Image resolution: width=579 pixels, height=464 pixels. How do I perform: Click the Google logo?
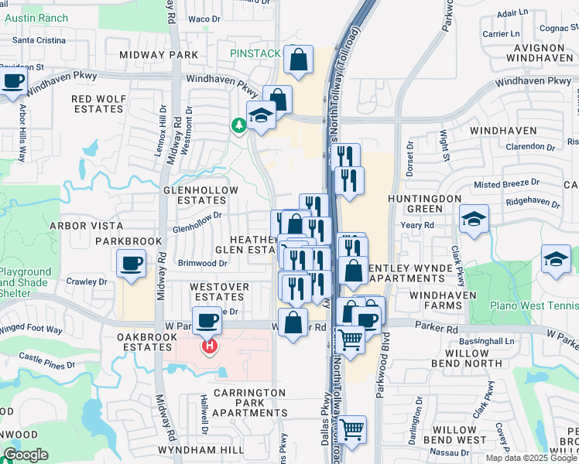26,455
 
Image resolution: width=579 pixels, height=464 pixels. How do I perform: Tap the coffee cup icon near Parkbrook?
130,263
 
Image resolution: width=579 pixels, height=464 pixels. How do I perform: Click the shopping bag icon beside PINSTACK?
298,60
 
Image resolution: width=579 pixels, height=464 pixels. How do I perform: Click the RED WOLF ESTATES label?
98,104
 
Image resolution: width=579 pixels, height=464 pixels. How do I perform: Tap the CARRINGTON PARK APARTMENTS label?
249,403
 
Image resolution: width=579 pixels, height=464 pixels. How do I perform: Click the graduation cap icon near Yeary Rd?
474,220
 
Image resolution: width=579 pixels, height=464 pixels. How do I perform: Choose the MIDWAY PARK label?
159,55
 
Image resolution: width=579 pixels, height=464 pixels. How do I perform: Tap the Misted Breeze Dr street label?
506,183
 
